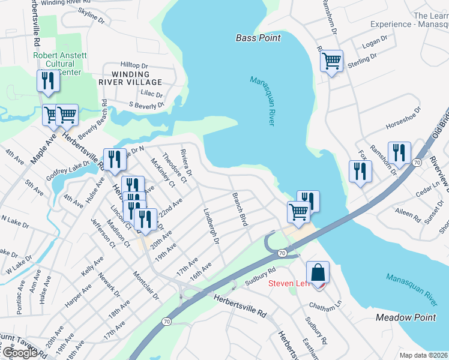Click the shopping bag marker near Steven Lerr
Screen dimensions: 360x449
tap(318, 272)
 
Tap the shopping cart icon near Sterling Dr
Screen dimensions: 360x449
tap(331, 61)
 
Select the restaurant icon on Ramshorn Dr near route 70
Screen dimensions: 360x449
tap(399, 152)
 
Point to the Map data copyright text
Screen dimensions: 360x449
tap(423, 355)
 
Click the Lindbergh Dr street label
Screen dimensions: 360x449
tap(212, 226)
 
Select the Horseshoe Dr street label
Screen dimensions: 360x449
tap(403, 118)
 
